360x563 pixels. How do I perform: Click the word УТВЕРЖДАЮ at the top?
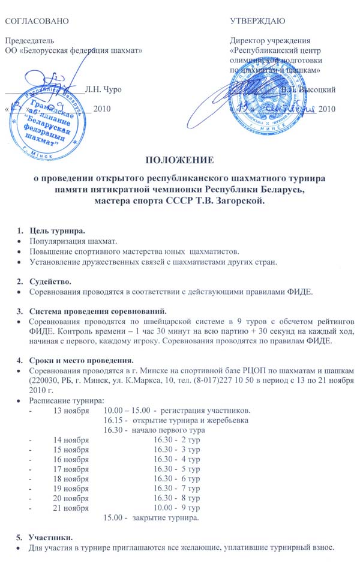tap(257, 21)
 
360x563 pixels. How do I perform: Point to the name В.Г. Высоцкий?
tap(308, 90)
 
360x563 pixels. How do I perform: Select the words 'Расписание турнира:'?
tap(66, 400)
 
